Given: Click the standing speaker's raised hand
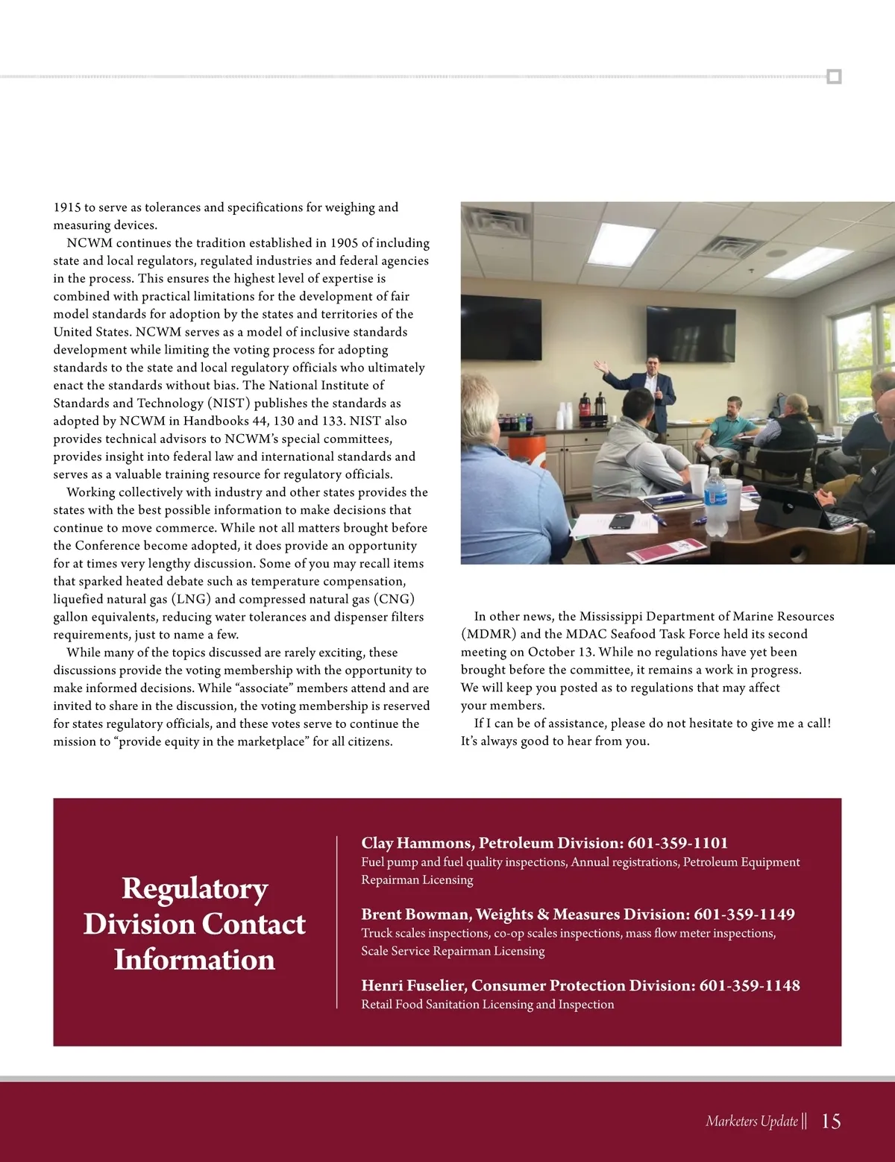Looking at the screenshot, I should click(598, 366).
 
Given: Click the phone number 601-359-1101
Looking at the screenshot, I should click(677, 843).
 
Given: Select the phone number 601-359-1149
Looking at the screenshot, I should click(744, 914).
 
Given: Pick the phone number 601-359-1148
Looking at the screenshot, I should click(749, 985).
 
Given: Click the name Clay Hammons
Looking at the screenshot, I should click(415, 843).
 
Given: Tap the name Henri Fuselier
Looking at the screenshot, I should click(413, 985).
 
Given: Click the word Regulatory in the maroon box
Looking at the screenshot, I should click(195, 888).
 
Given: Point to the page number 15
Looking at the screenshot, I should click(831, 1121).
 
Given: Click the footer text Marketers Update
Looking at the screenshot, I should click(751, 1121).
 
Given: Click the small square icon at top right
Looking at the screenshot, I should click(834, 77).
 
